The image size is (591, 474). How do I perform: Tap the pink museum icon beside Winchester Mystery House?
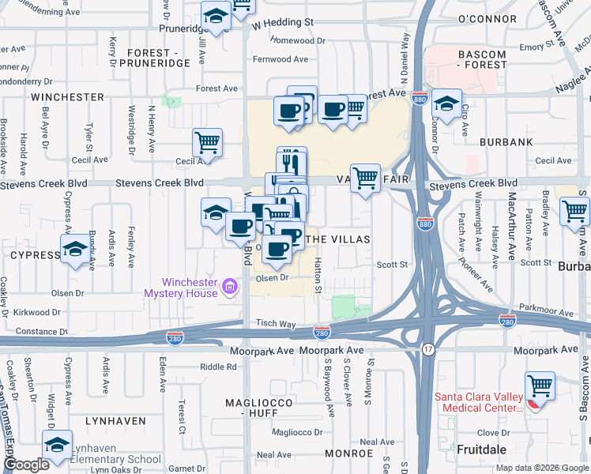pyautogui.click(x=230, y=285)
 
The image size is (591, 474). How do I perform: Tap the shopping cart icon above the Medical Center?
pyautogui.click(x=540, y=386)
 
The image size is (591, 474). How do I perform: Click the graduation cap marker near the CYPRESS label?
pyautogui.click(x=75, y=249)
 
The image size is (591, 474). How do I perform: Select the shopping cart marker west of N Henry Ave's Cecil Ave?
pyautogui.click(x=207, y=143)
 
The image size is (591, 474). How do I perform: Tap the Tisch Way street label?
pyautogui.click(x=275, y=324)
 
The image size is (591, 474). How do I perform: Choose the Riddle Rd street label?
pyautogui.click(x=218, y=367)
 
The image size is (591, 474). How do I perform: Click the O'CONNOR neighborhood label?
pyautogui.click(x=487, y=17)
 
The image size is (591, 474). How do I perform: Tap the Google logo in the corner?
pyautogui.click(x=26, y=465)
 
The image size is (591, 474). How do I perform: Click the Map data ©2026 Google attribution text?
pyautogui.click(x=541, y=468)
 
